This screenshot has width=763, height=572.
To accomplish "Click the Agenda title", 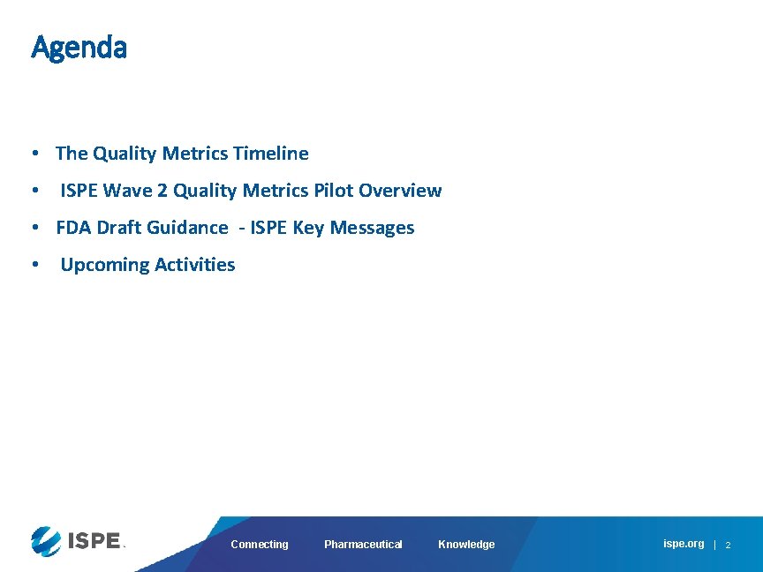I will point(79,48).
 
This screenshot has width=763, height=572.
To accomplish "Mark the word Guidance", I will point(186,228).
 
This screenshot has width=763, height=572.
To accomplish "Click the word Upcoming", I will point(105,265).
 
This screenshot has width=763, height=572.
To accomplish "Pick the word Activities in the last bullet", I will point(195,265).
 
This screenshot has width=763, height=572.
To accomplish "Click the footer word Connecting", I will point(260,545).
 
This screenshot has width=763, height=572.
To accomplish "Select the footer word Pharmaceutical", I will point(363,545).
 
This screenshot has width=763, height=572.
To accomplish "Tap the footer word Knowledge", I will point(466,545).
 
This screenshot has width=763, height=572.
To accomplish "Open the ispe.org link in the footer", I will point(684,544).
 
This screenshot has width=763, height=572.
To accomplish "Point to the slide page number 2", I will point(729,546).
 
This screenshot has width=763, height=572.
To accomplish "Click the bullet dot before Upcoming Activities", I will point(33,265).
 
